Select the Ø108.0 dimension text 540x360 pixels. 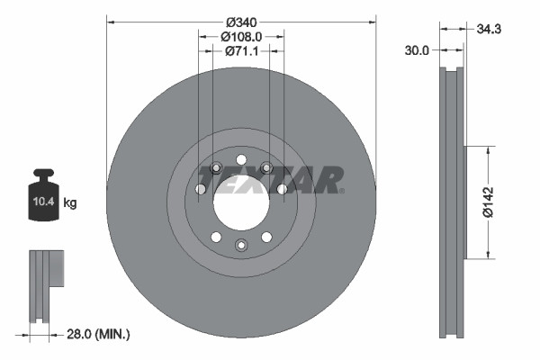tap(240, 37)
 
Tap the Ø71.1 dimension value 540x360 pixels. tap(240, 52)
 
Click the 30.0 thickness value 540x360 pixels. tap(418, 52)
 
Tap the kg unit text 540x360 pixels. tap(69, 203)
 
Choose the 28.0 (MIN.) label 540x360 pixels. tap(99, 335)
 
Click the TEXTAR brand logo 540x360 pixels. tap(269, 179)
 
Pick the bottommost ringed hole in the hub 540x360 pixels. tap(240, 245)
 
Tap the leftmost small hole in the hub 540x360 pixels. tap(200, 189)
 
